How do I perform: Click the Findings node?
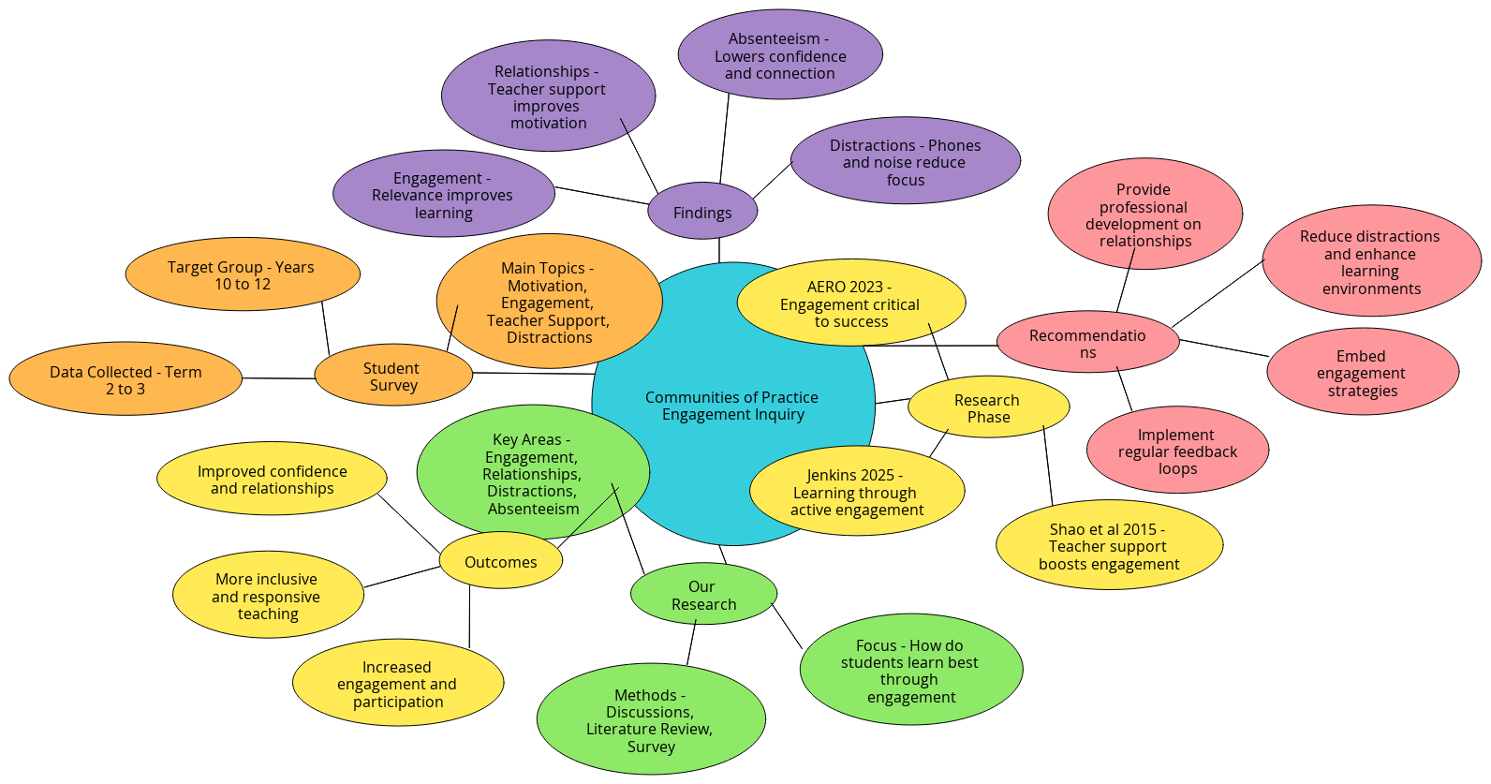pyautogui.click(x=702, y=213)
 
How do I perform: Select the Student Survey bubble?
pyautogui.click(x=392, y=377)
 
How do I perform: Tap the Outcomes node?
pyautogui.click(x=500, y=562)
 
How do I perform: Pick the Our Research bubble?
pyautogui.click(x=703, y=595)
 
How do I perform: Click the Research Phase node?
pyautogui.click(x=988, y=408)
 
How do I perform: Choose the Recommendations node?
pyautogui.click(x=1087, y=343)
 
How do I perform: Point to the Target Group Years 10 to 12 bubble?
pyautogui.click(x=242, y=274)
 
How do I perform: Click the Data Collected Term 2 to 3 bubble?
pyautogui.click(x=125, y=379)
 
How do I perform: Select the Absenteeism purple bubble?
pyautogui.click(x=780, y=55)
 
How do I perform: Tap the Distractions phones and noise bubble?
pyautogui.click(x=905, y=161)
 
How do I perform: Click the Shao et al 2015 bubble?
pyautogui.click(x=1109, y=546)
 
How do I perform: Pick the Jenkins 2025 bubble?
pyautogui.click(x=856, y=492)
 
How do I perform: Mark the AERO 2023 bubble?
pyautogui.click(x=850, y=303)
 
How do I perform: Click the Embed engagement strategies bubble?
pyautogui.click(x=1362, y=373)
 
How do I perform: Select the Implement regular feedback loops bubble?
pyautogui.click(x=1177, y=451)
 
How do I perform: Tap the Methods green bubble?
pyautogui.click(x=650, y=720)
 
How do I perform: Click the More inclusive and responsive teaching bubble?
pyautogui.click(x=267, y=596)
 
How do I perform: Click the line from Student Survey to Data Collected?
pyautogui.click(x=278, y=378)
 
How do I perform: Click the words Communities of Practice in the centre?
pyautogui.click(x=731, y=397)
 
